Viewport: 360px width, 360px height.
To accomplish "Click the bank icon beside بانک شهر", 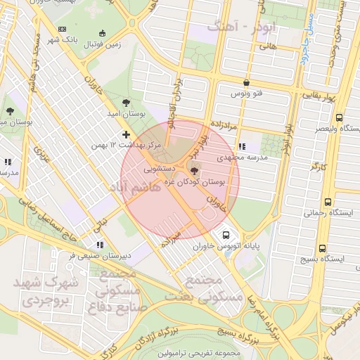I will (x=63, y=29).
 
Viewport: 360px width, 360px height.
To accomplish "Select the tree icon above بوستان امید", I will (x=126, y=103).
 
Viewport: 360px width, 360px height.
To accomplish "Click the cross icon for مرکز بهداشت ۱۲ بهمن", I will (x=126, y=134).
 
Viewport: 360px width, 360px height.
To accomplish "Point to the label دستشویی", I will (x=156, y=169).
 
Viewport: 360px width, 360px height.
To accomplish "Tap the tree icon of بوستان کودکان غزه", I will (x=195, y=170).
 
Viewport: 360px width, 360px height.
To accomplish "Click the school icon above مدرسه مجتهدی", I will (x=243, y=146).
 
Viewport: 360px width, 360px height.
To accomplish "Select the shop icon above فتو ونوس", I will (x=245, y=82).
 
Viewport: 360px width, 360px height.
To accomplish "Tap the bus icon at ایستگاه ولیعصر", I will (x=340, y=117).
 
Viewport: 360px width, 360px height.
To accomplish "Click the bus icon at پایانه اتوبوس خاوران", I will (x=225, y=235).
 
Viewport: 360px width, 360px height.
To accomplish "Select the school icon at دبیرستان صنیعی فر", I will (x=101, y=245).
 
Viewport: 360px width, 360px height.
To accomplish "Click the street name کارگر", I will (x=319, y=167).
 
